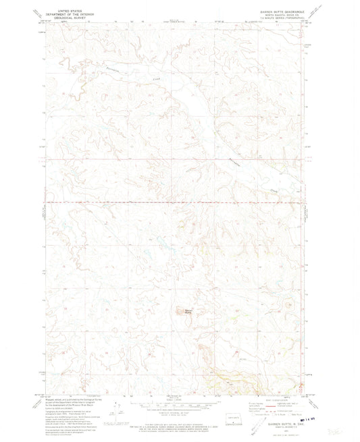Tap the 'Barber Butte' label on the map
pos(188,311)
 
